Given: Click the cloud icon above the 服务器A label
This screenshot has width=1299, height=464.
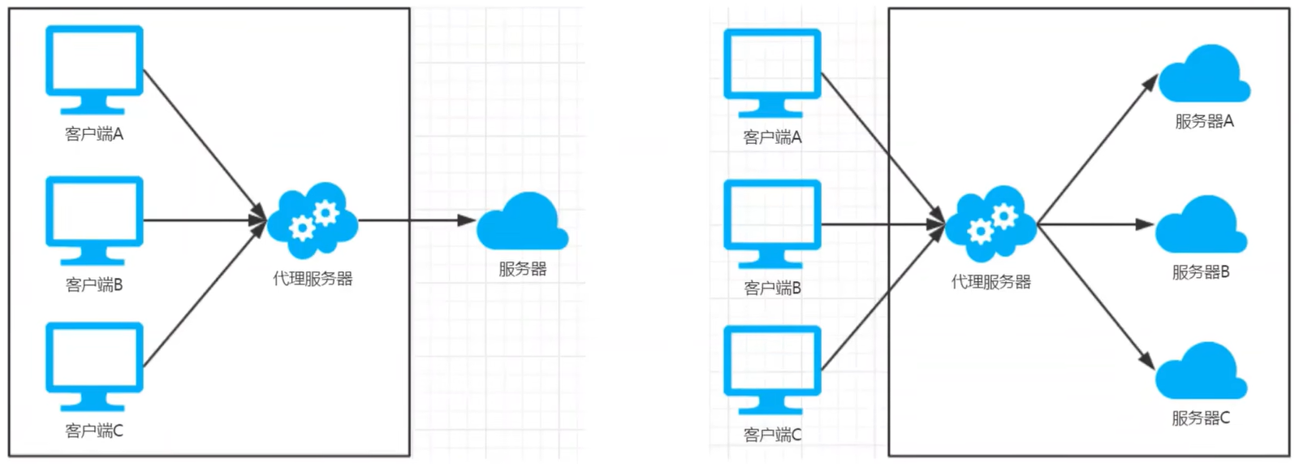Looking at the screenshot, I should click(1204, 76).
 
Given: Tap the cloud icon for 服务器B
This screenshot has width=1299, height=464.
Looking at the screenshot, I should click(1201, 226).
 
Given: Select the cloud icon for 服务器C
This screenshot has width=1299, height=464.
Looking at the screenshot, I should click(1201, 372).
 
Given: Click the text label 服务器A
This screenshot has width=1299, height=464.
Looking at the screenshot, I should click(1204, 122).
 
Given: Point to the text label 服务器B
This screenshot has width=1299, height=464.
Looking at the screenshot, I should click(1201, 272).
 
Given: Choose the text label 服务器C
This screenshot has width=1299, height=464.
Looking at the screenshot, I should click(1201, 418).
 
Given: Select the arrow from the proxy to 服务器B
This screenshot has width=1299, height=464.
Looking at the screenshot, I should click(1096, 224).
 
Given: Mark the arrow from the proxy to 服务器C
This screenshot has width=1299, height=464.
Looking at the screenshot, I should click(1096, 297).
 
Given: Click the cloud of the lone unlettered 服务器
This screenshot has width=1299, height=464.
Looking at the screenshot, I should click(522, 223).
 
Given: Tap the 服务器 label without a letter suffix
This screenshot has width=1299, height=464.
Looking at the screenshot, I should click(522, 269).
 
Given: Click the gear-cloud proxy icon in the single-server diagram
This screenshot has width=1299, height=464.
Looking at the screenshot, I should click(313, 220).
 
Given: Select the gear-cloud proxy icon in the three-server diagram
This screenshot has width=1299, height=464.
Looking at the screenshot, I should click(991, 223).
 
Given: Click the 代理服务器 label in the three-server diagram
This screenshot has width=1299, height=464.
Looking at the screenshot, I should click(991, 282).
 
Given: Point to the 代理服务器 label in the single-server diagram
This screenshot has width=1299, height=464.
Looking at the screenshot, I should click(313, 279).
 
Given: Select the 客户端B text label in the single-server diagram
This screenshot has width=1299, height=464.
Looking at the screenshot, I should click(94, 284).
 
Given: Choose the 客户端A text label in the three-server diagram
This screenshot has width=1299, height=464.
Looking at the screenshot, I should click(772, 137).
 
